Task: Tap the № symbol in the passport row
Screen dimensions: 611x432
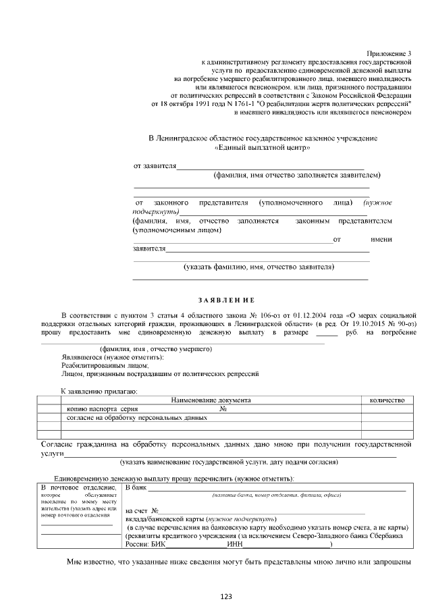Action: (223, 409)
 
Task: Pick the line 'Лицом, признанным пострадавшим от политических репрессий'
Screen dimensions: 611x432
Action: (159, 373)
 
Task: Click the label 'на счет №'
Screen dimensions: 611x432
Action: (142, 511)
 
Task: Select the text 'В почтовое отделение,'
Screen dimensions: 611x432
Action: (78, 487)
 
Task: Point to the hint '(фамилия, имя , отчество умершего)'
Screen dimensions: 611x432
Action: (156, 349)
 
